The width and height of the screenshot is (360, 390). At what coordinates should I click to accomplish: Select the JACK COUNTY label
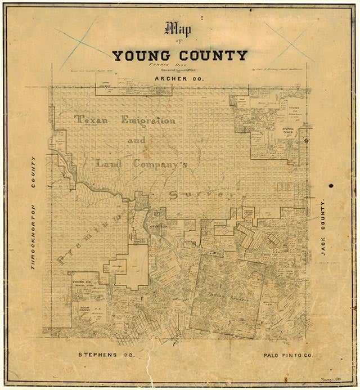click(x=323, y=227)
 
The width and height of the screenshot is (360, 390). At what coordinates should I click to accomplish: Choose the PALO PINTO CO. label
click(x=286, y=356)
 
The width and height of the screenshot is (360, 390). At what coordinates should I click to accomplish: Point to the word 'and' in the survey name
click(x=136, y=141)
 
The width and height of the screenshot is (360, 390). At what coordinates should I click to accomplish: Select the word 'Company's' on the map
click(x=159, y=164)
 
